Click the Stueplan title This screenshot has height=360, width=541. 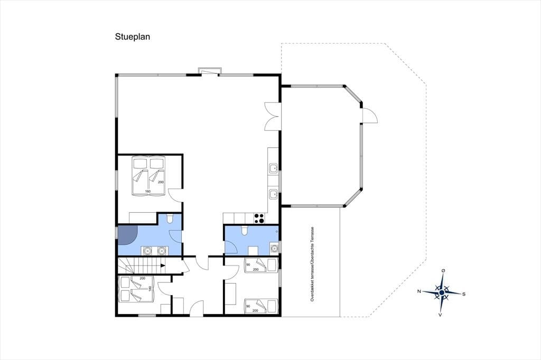(133, 37)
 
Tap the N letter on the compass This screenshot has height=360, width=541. (419, 291)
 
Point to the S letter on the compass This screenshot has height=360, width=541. (464, 294)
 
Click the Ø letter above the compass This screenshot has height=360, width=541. (443, 270)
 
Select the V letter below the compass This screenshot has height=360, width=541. (440, 315)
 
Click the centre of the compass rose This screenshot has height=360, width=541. (442, 292)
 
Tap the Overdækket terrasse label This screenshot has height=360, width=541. (312, 264)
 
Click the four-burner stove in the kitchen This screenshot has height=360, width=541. (259, 219)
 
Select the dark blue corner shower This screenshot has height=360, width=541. (127, 235)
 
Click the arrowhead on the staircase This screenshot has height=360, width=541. (163, 266)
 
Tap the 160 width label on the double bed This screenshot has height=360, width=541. (148, 192)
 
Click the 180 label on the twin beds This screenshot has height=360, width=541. (150, 288)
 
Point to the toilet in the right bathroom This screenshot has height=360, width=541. (244, 231)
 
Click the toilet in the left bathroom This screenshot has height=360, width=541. (170, 219)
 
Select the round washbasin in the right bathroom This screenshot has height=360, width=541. (274, 248)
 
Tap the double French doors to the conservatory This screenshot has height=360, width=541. (272, 116)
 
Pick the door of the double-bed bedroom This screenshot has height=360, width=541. (175, 195)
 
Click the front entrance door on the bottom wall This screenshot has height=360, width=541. (197, 309)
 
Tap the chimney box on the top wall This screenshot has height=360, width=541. (209, 71)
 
